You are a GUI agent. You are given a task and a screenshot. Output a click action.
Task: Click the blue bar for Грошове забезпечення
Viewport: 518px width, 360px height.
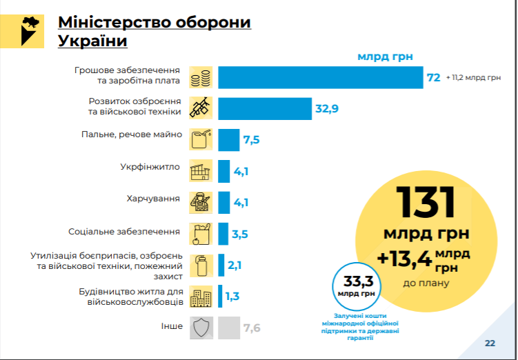[320, 77]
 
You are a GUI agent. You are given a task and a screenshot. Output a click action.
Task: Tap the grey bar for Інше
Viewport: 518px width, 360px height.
[228, 328]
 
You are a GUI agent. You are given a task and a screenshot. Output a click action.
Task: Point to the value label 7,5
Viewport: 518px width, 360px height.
[251, 140]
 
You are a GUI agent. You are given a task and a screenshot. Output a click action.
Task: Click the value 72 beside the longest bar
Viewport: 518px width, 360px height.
[434, 78]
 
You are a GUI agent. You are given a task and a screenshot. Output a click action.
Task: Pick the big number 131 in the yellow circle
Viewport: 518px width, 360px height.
[426, 201]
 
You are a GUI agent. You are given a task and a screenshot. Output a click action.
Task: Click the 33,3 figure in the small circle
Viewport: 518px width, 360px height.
[354, 281]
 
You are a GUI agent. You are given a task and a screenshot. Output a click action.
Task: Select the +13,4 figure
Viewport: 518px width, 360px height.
[404, 258]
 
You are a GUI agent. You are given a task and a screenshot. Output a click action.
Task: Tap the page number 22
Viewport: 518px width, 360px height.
[490, 343]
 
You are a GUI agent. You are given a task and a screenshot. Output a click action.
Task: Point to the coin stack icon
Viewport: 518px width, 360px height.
[200, 77]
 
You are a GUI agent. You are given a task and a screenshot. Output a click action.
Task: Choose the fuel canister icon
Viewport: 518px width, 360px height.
[200, 140]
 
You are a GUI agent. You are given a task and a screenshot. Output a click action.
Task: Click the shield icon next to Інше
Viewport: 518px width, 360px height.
[200, 328]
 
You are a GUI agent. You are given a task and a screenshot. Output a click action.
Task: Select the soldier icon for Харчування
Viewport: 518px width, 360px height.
[200, 202]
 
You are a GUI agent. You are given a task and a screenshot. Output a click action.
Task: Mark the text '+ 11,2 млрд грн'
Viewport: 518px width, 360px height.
[473, 78]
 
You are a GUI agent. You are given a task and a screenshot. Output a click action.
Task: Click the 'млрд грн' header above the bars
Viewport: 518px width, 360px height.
[384, 57]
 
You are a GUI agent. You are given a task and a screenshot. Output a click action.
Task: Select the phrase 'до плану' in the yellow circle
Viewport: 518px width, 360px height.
[426, 283]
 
